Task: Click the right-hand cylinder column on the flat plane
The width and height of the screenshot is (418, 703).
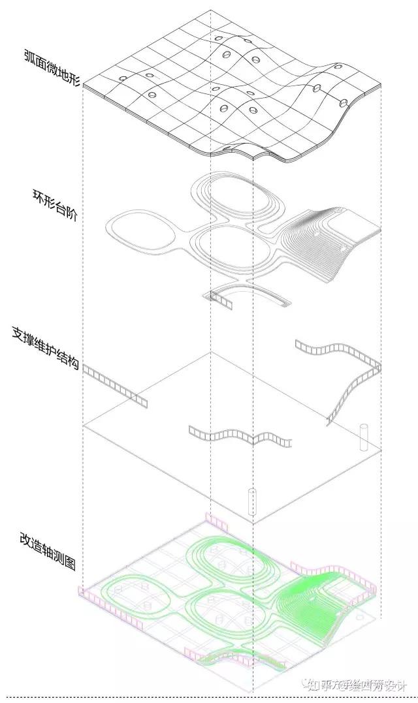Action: [364, 438]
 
